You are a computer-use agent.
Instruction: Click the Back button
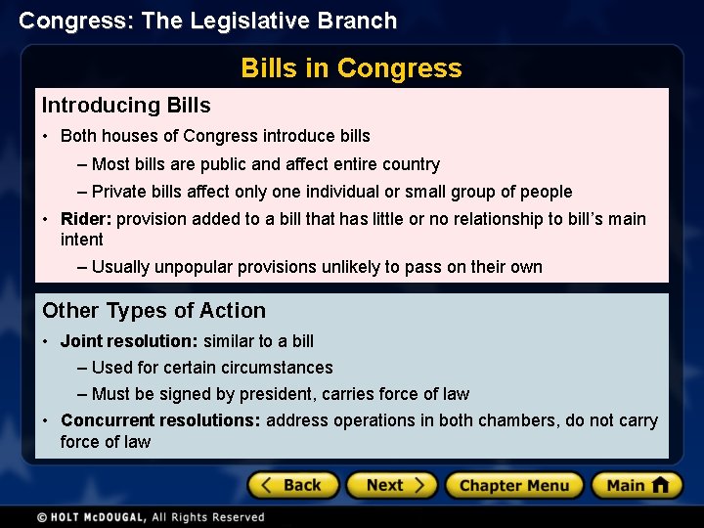(x=292, y=485)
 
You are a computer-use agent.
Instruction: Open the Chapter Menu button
(x=513, y=485)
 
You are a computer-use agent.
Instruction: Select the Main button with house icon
(x=637, y=485)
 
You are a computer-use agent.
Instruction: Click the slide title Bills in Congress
(x=351, y=68)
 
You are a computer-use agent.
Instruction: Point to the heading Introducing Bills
(x=126, y=105)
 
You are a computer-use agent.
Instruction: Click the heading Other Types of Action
(x=154, y=311)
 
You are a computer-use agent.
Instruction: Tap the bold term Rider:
(x=86, y=219)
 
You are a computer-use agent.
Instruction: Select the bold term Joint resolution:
(x=129, y=341)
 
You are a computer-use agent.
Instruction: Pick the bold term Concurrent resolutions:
(x=160, y=420)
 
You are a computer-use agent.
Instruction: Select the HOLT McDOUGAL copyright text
(x=151, y=516)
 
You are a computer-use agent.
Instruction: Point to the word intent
(x=81, y=240)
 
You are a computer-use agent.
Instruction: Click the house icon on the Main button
(x=660, y=485)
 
